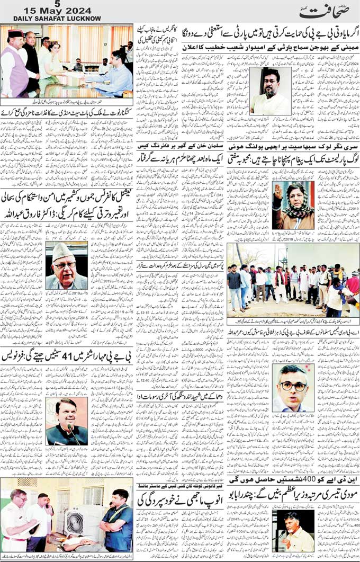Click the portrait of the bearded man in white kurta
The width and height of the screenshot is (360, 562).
click(270, 91)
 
